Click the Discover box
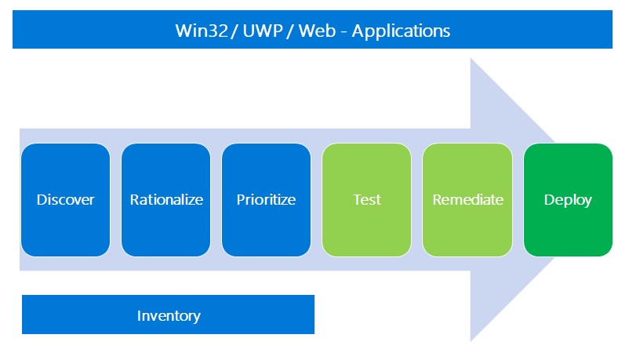click(x=65, y=199)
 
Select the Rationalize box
click(x=165, y=199)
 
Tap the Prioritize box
click(x=266, y=199)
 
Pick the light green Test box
click(x=366, y=199)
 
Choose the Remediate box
click(x=467, y=199)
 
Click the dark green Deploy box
click(x=568, y=199)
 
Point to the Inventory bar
click(x=168, y=315)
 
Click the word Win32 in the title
click(x=202, y=31)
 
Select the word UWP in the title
click(x=263, y=31)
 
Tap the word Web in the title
click(x=317, y=31)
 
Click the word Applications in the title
click(x=401, y=31)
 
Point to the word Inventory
click(x=169, y=315)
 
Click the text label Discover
click(x=65, y=199)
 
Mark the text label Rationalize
click(x=166, y=199)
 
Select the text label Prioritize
click(x=266, y=199)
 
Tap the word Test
click(x=367, y=199)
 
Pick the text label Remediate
click(x=467, y=199)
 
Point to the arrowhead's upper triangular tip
click(x=471, y=58)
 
